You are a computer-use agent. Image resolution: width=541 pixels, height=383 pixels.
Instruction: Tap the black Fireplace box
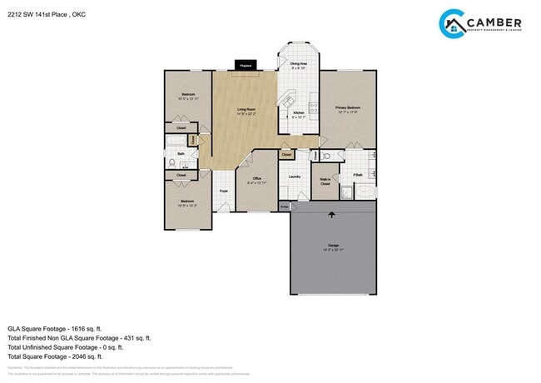pos(246,64)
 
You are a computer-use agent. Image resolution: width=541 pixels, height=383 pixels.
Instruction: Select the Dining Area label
pos(300,64)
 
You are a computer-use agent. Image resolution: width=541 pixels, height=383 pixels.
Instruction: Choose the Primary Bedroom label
pos(347,107)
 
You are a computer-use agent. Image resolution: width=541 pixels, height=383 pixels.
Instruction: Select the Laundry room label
pos(294,177)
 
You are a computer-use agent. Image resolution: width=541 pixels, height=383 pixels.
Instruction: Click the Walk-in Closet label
pos(325,181)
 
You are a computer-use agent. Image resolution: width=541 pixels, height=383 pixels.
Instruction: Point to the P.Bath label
pos(357,175)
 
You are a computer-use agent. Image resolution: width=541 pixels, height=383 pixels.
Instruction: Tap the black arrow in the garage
pos(332,215)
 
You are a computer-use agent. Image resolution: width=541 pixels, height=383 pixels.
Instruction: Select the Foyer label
pos(223,191)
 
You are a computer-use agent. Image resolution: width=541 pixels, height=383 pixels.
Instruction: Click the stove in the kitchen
pos(313,107)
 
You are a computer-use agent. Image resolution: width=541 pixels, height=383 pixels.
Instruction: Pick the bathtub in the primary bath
pos(365,193)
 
